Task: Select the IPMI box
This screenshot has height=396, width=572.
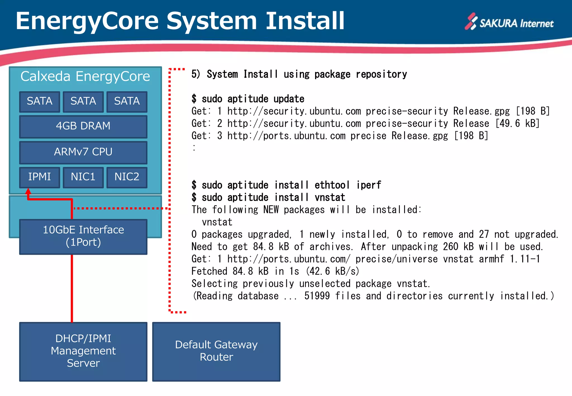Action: coord(39,177)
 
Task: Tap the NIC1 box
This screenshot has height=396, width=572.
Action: coord(83,177)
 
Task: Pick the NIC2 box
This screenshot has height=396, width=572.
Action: coord(127,177)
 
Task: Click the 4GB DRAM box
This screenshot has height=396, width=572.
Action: coord(83,126)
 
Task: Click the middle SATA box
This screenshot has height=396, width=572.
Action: coord(83,101)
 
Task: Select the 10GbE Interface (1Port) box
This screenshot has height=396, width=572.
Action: coord(83,236)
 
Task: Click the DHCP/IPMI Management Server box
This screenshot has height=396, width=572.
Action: coord(83,351)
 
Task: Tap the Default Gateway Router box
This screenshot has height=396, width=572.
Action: coord(216,351)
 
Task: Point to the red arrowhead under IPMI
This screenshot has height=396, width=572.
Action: coord(28,192)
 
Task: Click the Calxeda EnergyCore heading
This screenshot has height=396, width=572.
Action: coord(85,77)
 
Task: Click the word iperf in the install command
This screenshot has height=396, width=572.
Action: coord(368,185)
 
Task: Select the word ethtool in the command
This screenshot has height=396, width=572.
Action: coord(332,185)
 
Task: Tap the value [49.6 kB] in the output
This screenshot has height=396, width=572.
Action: coord(517,123)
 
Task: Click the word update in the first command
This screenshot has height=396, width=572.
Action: coord(289,99)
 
